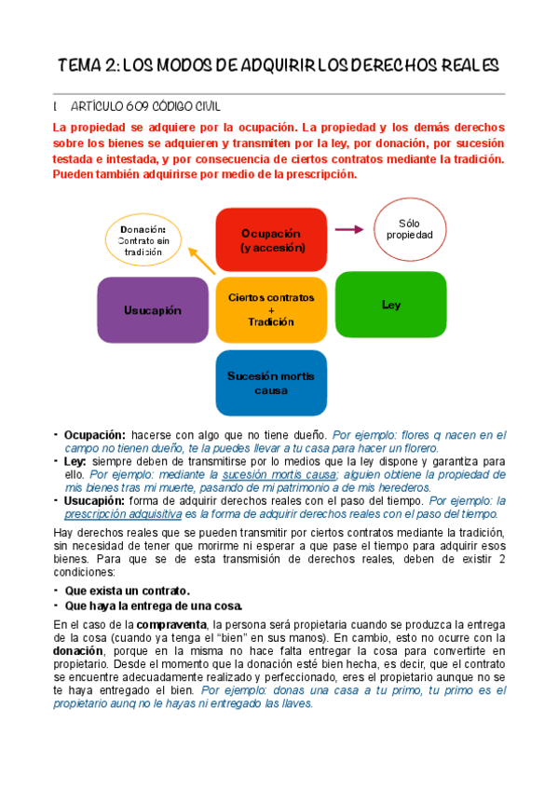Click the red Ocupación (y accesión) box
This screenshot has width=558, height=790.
click(x=271, y=240)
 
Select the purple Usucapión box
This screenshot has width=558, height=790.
click(x=153, y=309)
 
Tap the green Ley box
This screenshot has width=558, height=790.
click(x=390, y=305)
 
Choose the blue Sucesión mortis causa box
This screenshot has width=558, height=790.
click(x=271, y=382)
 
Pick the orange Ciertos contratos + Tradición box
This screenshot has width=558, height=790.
click(x=271, y=309)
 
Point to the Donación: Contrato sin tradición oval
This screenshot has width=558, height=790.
click(x=144, y=240)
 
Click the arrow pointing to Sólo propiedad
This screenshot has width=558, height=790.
click(x=347, y=229)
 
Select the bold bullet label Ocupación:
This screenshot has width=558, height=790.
click(x=94, y=435)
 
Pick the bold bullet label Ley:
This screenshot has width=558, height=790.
click(x=75, y=461)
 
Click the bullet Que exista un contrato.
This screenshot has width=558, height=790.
click(x=127, y=591)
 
